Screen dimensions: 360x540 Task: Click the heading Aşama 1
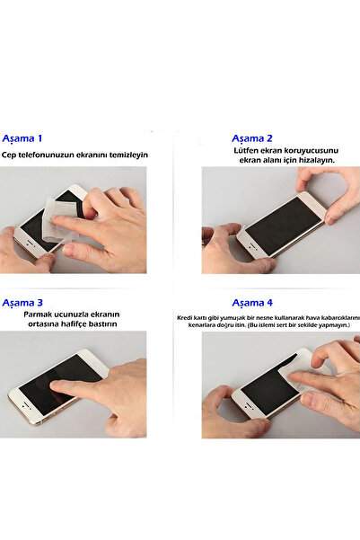pos(22,138)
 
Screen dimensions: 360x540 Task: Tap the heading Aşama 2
pos(252,138)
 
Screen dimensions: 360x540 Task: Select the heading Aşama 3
pos(22,303)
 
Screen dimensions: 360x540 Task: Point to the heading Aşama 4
pos(252,303)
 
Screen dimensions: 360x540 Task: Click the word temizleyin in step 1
pos(128,155)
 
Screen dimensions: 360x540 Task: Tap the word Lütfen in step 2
pos(246,150)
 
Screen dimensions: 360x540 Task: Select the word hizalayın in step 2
pos(317,160)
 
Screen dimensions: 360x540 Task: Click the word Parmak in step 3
pos(37,314)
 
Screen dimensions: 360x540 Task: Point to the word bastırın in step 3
pos(103,324)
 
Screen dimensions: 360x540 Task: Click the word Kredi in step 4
pos(182,317)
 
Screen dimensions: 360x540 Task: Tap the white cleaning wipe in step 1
pos(60,219)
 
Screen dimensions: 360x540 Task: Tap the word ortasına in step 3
pos(43,324)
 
